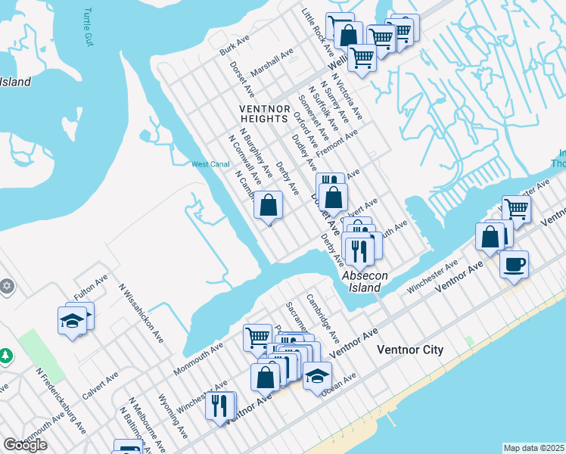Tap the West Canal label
pos(210,164)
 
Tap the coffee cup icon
pos(514,264)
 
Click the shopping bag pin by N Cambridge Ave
pos(269,204)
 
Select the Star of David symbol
pos(8,286)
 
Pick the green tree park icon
pos(5,355)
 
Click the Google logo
pos(25,444)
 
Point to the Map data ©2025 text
pos(533,448)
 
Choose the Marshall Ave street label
pos(272,61)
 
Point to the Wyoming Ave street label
pos(173,416)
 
